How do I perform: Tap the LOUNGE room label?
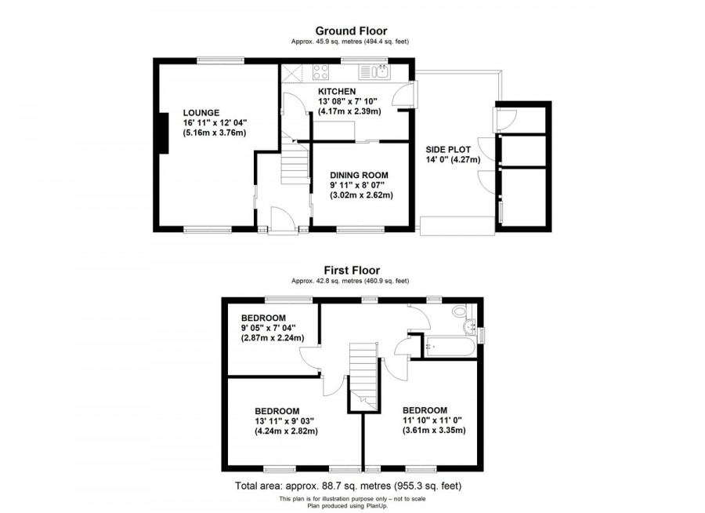[201, 112]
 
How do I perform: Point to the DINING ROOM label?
[358, 175]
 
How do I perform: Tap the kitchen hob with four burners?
[321, 73]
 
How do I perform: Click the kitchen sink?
[376, 73]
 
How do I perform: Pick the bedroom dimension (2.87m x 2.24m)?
[272, 338]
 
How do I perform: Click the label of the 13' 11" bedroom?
[277, 411]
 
